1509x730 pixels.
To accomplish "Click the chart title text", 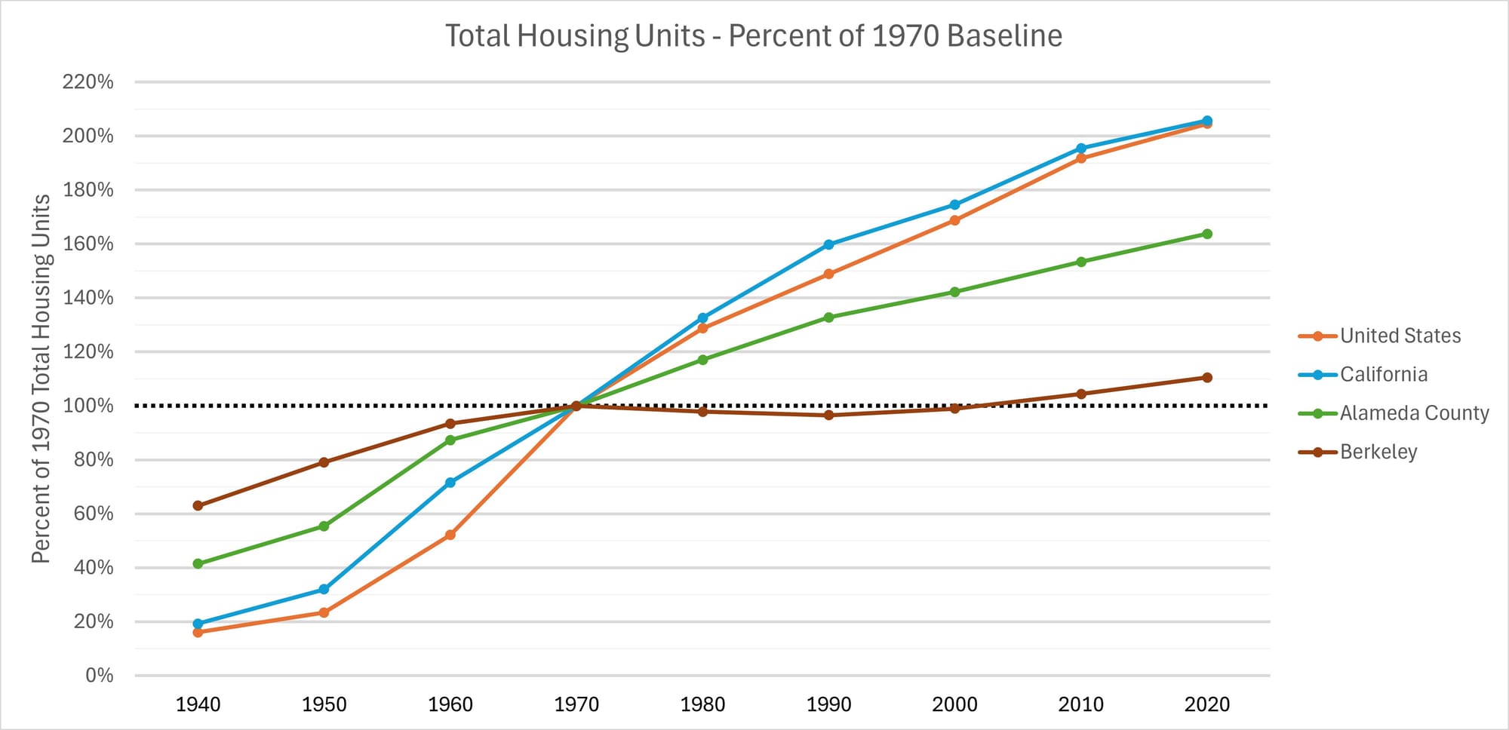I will click(753, 36).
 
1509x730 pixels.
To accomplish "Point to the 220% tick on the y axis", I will click(88, 81).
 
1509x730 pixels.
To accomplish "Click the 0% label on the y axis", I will click(99, 675).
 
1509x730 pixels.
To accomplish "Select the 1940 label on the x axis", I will click(198, 704).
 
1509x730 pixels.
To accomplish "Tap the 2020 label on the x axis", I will click(1206, 704).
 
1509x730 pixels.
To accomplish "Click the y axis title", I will click(41, 379).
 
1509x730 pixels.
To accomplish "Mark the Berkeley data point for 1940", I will click(198, 505).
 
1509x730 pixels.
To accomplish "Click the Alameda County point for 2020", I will click(1206, 234).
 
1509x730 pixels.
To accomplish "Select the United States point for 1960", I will click(450, 535).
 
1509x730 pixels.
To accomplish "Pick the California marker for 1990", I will click(828, 244).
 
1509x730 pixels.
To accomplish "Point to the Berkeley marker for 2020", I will click(1206, 377).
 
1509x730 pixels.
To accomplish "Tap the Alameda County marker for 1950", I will click(324, 526).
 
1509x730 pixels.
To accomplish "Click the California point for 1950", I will click(324, 589).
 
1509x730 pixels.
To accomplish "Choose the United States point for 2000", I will click(954, 220).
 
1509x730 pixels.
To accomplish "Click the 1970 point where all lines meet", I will click(576, 406).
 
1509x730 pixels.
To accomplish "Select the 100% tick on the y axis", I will click(88, 406).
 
